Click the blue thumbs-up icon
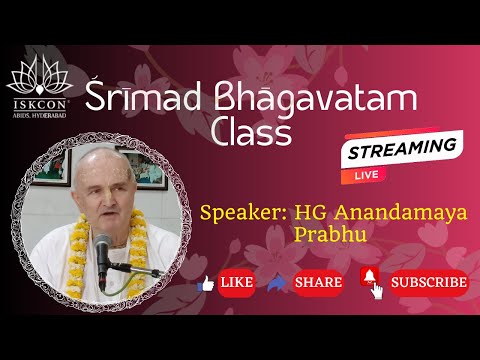tap(208, 283)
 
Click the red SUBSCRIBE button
tap(428, 283)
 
